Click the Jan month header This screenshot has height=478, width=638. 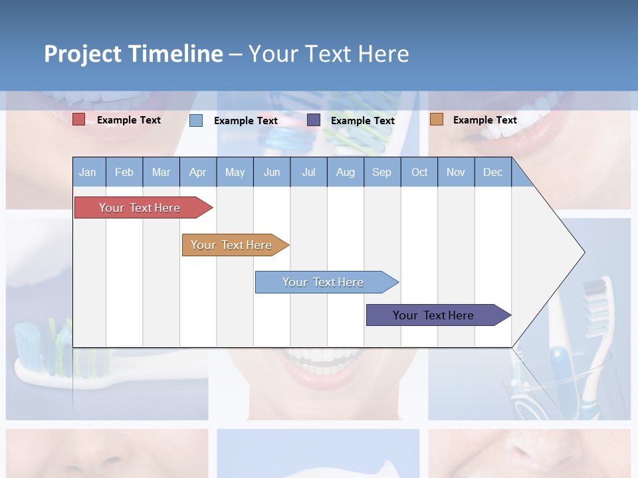coord(88,172)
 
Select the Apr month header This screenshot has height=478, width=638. coord(197,172)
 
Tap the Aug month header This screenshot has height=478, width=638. coord(345,172)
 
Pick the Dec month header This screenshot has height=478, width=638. coord(492,172)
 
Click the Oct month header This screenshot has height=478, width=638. coord(419,172)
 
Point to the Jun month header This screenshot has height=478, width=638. coord(272,172)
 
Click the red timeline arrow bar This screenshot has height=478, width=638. coord(140,208)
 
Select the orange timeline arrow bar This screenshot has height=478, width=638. coord(231,245)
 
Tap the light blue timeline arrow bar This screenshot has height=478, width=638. coord(323,282)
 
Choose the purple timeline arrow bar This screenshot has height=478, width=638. coord(433,315)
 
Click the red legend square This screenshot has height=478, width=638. coord(78,119)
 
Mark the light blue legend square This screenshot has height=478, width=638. coord(196,120)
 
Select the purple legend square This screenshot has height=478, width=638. coord(314,120)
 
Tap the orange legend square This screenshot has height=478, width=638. coord(436,119)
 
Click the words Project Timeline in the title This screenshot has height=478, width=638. coord(134,54)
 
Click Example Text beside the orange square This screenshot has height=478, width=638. coord(484,120)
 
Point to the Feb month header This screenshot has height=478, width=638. coord(124,172)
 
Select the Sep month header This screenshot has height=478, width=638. coord(381,172)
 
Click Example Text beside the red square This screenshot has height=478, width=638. coord(129,120)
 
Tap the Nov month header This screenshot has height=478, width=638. coord(456,172)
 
